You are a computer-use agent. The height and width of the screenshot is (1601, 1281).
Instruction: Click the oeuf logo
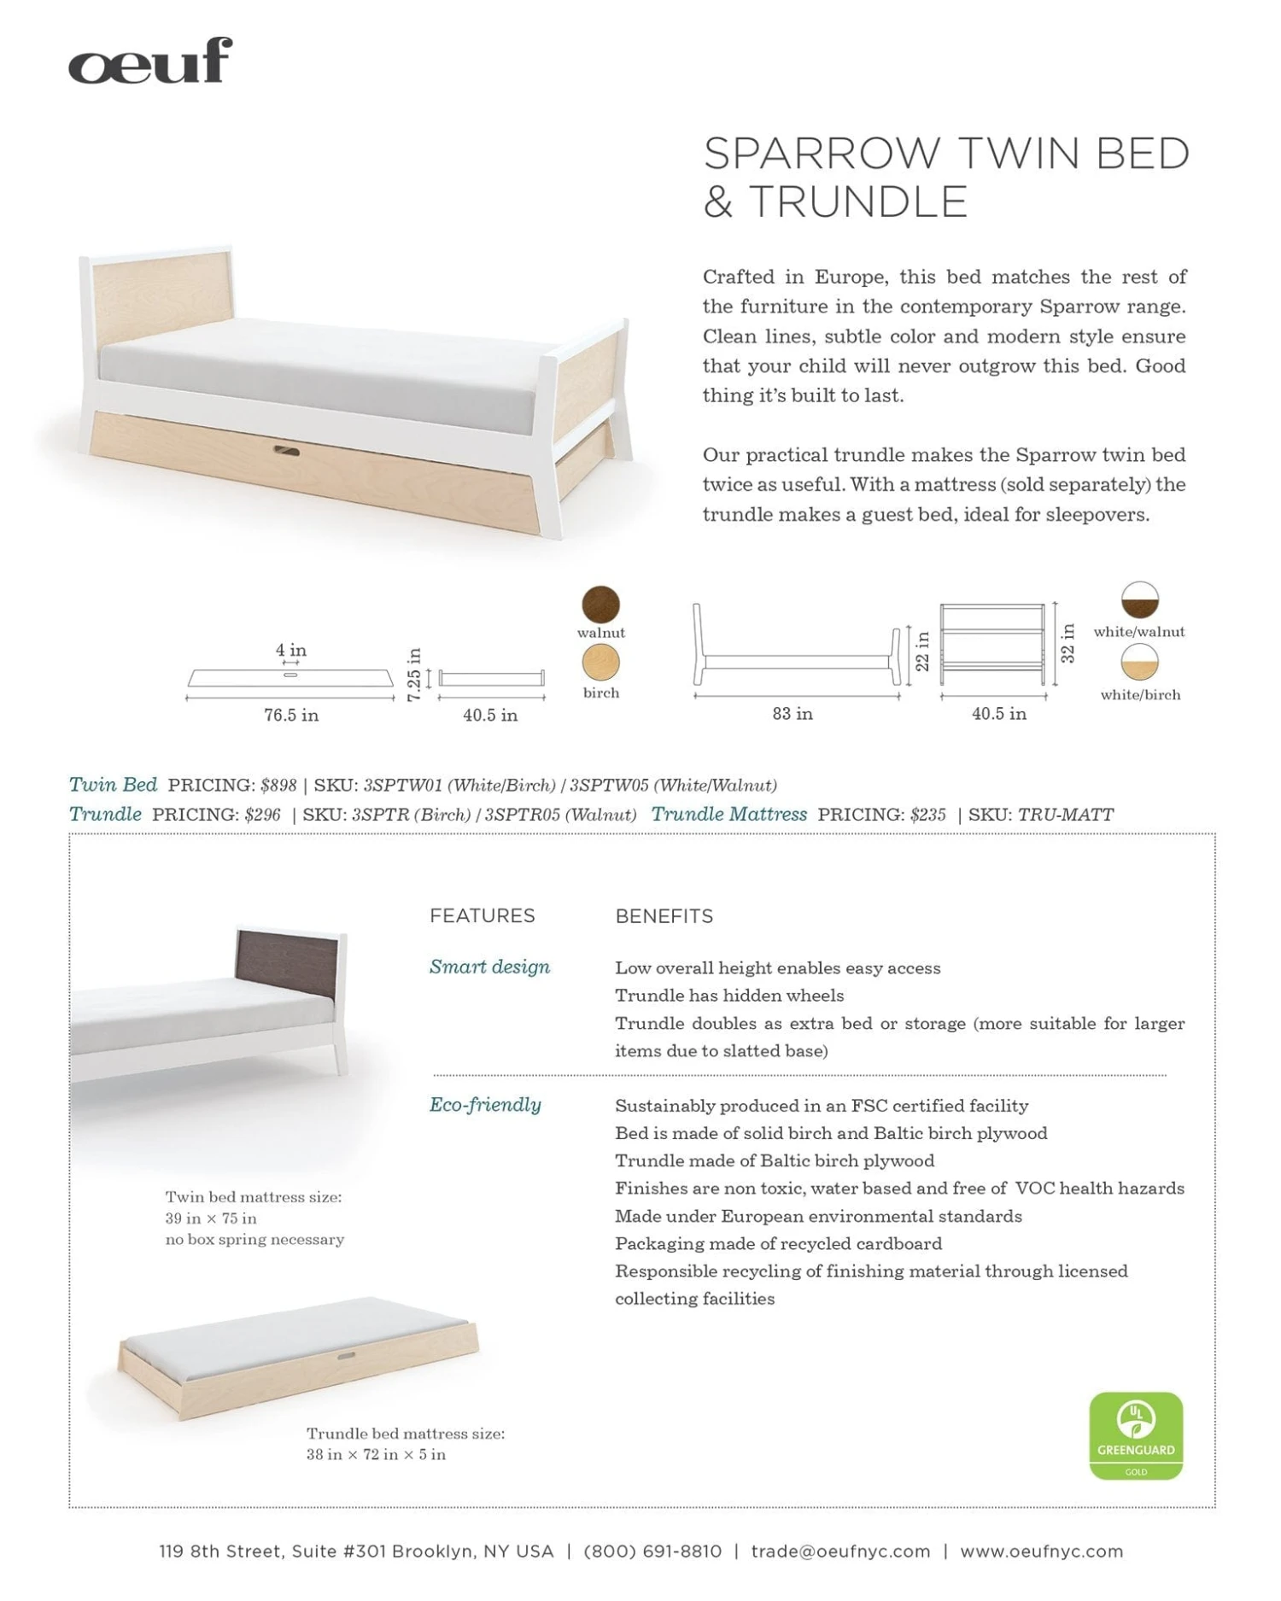tap(150, 61)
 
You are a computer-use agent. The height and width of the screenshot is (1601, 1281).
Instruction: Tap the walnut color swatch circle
tap(600, 605)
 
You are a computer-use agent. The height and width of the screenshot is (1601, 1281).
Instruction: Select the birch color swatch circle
tap(600, 663)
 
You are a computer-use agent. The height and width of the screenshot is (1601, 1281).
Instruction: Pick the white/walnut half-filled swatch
tap(1139, 600)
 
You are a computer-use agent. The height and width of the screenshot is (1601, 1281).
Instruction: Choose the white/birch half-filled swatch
tap(1139, 663)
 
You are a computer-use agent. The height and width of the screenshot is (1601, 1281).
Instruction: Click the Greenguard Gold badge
tap(1136, 1435)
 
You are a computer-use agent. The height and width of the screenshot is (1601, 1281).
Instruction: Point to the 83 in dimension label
tap(793, 714)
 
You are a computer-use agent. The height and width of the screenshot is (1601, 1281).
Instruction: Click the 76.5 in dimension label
tap(291, 716)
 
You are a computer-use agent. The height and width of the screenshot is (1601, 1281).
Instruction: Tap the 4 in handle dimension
tap(291, 651)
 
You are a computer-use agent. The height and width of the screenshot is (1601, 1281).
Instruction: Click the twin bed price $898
tap(278, 786)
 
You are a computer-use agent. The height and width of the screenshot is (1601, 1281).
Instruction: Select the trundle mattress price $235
tap(927, 815)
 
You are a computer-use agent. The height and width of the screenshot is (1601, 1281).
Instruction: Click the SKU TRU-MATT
tap(1065, 815)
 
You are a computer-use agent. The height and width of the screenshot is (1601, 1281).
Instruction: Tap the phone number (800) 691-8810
tap(652, 1551)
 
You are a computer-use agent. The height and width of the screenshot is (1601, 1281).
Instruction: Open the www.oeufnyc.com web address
tap(1041, 1551)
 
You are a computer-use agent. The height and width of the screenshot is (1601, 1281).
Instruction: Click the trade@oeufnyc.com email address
tap(840, 1551)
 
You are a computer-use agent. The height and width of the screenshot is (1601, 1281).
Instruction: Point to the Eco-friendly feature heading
tap(485, 1105)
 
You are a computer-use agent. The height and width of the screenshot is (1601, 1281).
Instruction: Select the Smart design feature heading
tap(489, 967)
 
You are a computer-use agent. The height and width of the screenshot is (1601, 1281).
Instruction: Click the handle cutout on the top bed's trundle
tap(286, 450)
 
